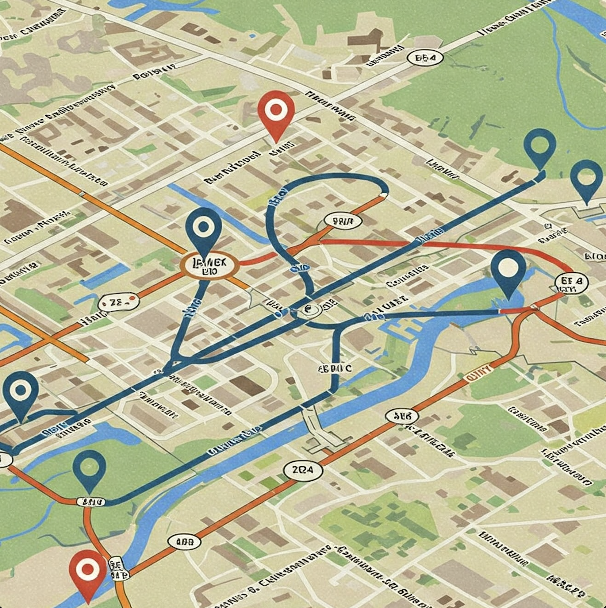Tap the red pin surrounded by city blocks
pyautogui.click(x=276, y=110)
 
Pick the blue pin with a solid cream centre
pyautogui.click(x=508, y=267)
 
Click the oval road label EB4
pyautogui.click(x=425, y=58)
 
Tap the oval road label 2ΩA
pyautogui.click(x=303, y=470)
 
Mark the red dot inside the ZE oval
pyautogui.click(x=132, y=298)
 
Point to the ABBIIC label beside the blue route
pyautogui.click(x=335, y=368)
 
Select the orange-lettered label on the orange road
pyautogui.click(x=478, y=376)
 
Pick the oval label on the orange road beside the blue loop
pyautogui.click(x=342, y=221)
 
